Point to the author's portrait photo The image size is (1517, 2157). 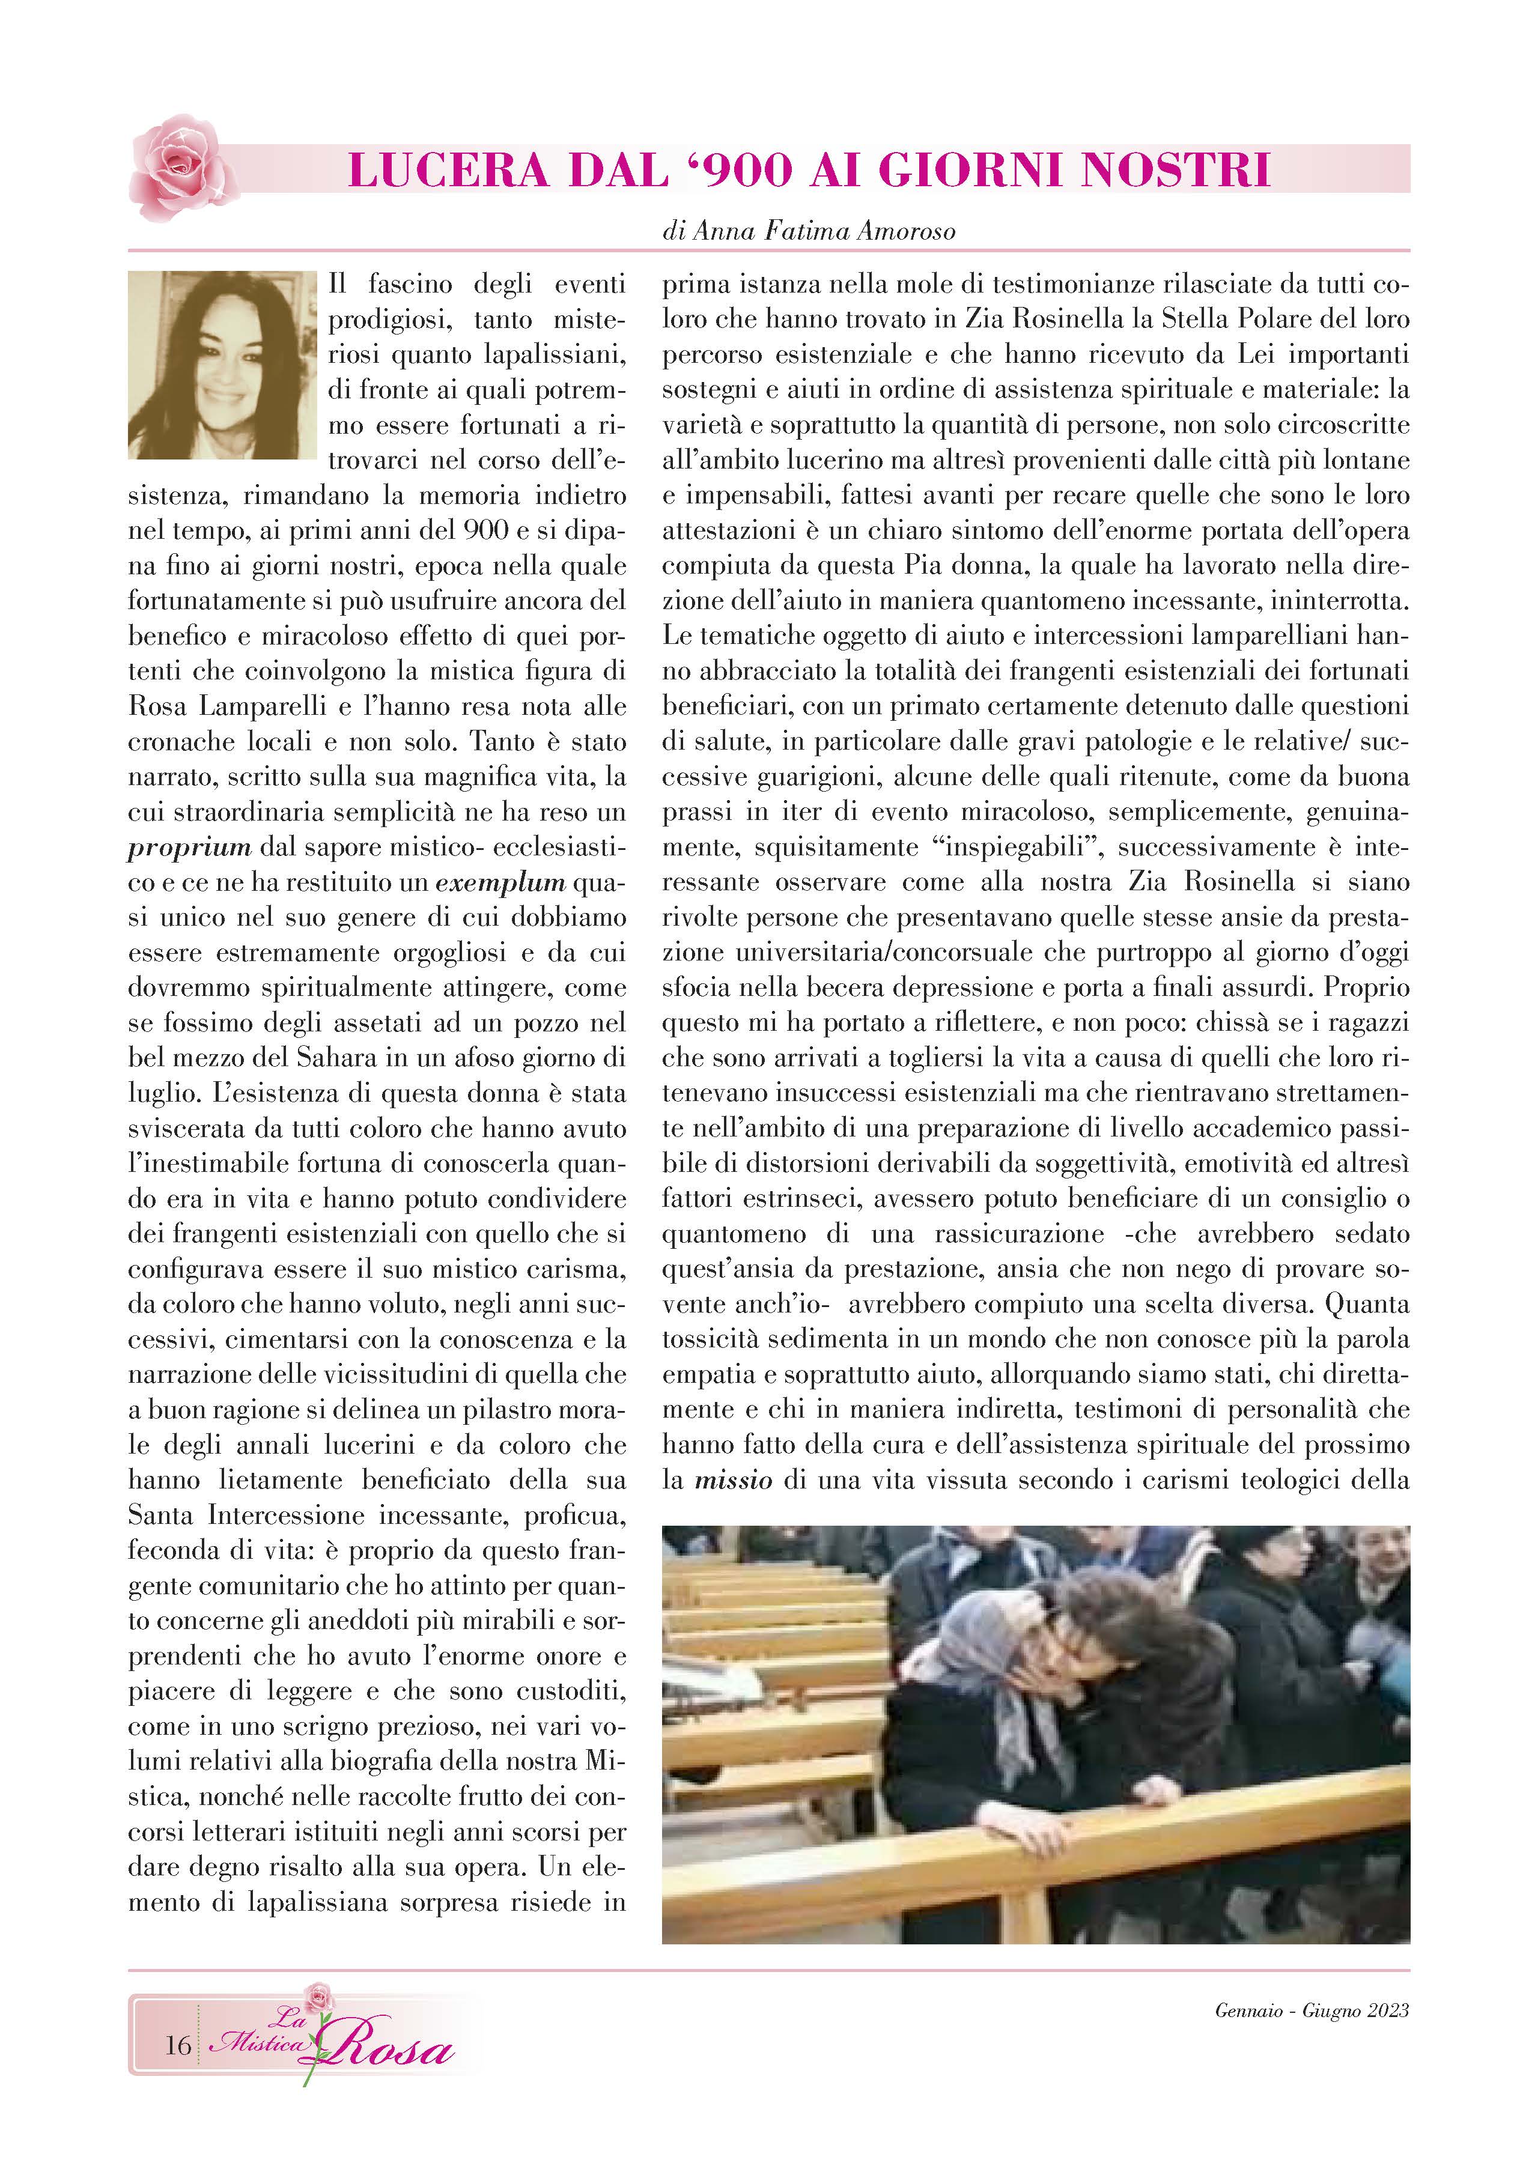(223, 365)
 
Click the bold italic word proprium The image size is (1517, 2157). (190, 848)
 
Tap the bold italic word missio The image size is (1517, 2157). (733, 1481)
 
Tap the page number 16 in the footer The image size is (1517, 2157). (178, 2045)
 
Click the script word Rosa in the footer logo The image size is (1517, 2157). (395, 2049)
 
